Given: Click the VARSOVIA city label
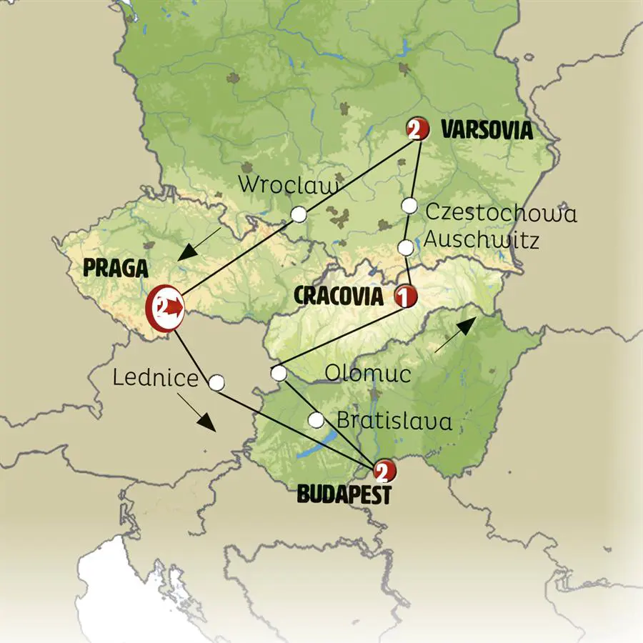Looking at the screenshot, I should (x=487, y=131).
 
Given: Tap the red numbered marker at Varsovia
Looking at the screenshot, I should (x=417, y=129).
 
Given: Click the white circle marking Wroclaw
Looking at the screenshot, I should (x=299, y=214).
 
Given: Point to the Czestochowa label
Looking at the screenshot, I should (x=500, y=212).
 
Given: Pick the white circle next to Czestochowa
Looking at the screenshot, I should (x=409, y=206).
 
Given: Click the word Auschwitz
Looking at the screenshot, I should (x=481, y=241).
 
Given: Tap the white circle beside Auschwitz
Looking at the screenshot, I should (x=405, y=248).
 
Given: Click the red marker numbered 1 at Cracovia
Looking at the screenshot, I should (x=405, y=296).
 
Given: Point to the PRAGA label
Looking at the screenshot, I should (x=116, y=268).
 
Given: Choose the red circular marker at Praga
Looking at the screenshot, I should (x=164, y=309).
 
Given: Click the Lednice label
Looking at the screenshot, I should (x=154, y=378).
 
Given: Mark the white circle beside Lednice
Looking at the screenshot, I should (x=216, y=383).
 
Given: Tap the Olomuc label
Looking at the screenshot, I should (x=367, y=373).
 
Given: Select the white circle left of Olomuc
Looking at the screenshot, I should (x=279, y=373).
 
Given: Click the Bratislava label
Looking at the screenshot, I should (x=394, y=422).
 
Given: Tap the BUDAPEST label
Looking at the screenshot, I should (x=344, y=494).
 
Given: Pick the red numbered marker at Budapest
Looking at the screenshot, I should (x=382, y=471).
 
